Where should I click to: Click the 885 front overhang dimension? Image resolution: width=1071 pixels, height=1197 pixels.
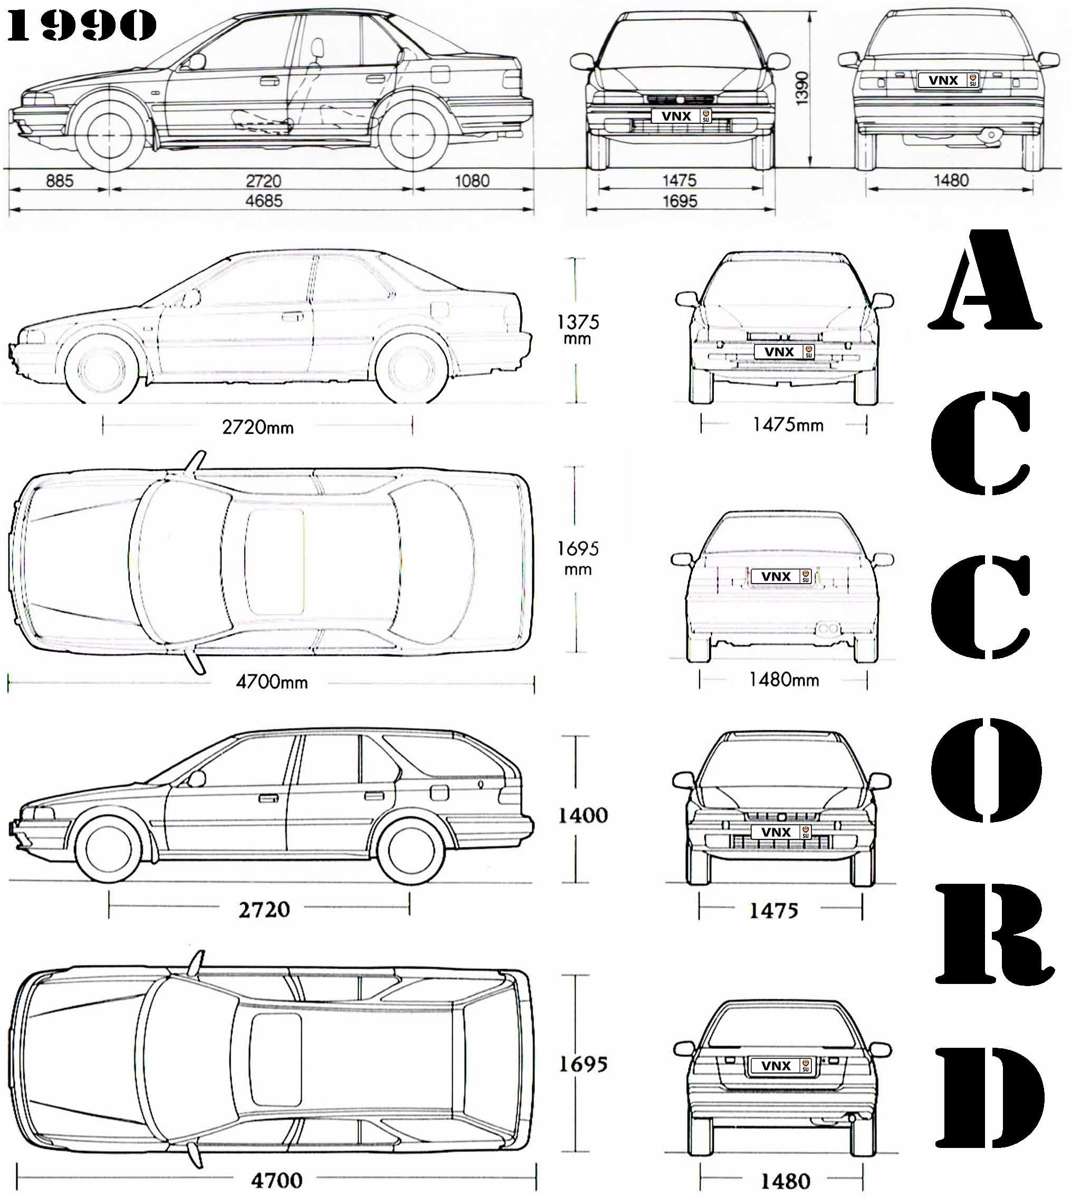coord(60,180)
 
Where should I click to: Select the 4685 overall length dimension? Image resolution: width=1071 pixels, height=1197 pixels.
coord(264,200)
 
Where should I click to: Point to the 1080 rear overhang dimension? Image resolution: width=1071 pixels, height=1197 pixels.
coord(472,180)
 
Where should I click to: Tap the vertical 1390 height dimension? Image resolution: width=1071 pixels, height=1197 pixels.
coord(801,88)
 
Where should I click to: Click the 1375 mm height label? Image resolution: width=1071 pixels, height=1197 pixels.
coord(578,329)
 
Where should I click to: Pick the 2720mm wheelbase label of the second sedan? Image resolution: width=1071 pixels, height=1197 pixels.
coord(258,427)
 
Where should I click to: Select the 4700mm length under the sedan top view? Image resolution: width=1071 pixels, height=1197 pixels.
coord(272,682)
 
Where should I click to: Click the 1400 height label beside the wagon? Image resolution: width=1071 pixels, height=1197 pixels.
coord(582,815)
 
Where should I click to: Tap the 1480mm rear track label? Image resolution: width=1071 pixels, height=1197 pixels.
coord(784,679)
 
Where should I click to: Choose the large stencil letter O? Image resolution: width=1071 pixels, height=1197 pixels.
coord(986,769)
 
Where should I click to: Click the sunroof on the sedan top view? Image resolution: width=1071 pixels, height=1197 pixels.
coord(275,562)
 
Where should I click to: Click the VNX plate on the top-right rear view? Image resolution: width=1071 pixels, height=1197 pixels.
coord(948,80)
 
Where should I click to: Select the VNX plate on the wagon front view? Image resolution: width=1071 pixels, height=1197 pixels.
coord(781,832)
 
